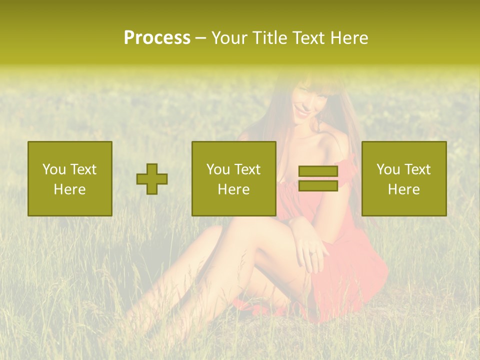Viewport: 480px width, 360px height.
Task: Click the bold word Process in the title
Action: point(157,38)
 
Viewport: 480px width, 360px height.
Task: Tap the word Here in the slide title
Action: point(350,38)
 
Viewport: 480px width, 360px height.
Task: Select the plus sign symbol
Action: point(152,179)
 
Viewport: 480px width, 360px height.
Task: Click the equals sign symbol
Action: point(318,178)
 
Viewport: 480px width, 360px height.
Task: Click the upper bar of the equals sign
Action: point(318,171)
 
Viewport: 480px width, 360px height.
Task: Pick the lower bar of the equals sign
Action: point(318,185)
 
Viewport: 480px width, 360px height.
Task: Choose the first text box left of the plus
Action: point(70,178)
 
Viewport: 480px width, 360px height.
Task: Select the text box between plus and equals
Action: point(234,178)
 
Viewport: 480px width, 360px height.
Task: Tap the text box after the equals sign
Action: point(404,178)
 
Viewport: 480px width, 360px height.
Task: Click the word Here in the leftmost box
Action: point(70,189)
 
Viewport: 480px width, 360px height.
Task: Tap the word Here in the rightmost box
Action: point(404,189)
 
